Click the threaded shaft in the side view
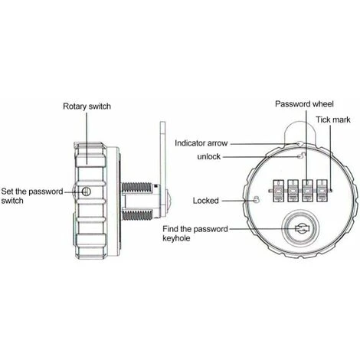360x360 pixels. [x=137, y=200]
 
